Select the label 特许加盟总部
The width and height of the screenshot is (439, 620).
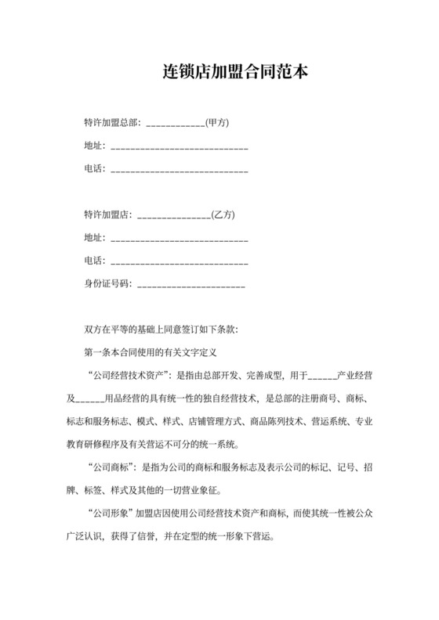click(x=112, y=123)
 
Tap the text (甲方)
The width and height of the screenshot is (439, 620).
click(x=216, y=123)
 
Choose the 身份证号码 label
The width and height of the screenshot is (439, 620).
click(x=107, y=283)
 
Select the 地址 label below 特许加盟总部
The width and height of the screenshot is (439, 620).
click(x=93, y=146)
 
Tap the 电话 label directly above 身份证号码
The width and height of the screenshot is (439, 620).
click(x=93, y=261)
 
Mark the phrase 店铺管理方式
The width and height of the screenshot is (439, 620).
click(x=216, y=421)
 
